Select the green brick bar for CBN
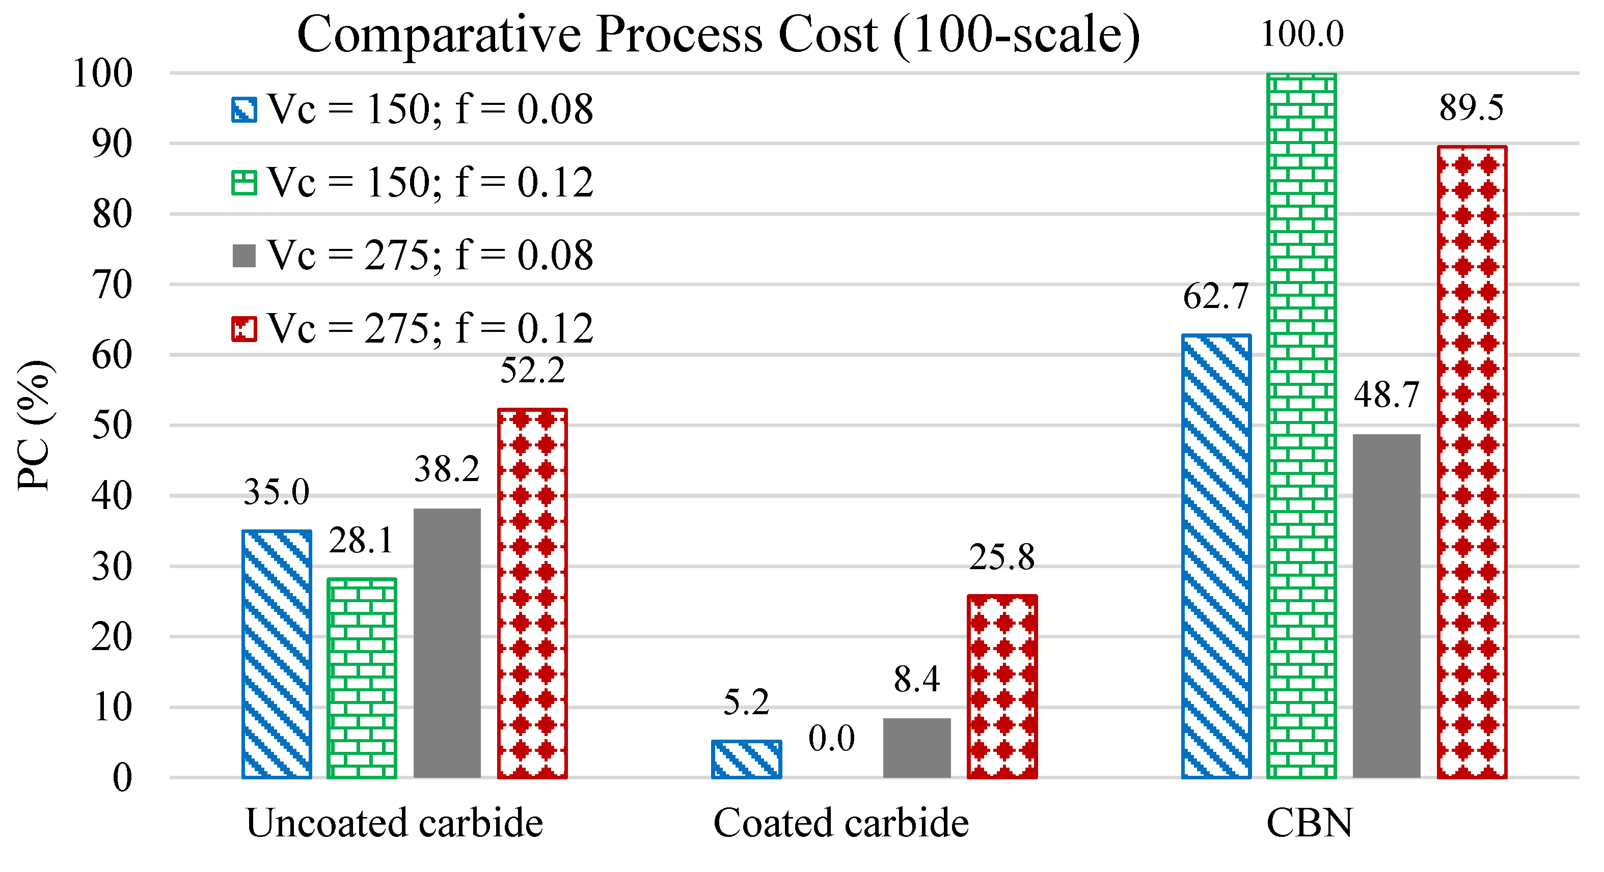[1301, 426]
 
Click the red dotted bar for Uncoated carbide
[532, 593]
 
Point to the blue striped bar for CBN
[1215, 556]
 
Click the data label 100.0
[1302, 34]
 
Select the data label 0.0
[831, 739]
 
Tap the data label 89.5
[1471, 108]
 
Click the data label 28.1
[361, 540]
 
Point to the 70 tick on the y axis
[112, 286]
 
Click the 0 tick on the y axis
[122, 778]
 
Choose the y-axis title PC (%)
[34, 426]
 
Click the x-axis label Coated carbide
[840, 823]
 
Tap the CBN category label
[1309, 823]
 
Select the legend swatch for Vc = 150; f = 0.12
[243, 183]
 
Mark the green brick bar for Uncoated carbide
[361, 678]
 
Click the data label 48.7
[1386, 395]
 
